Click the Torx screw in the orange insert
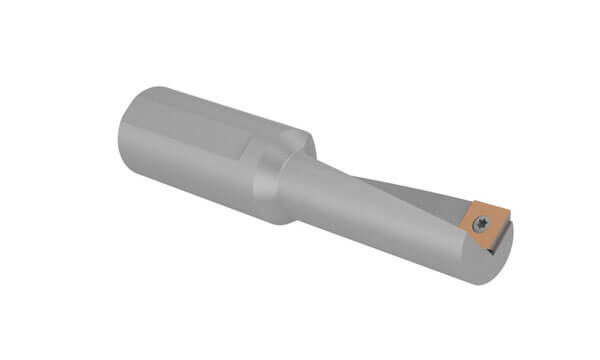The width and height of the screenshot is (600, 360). (481, 223)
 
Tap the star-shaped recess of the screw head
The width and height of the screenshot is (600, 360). (481, 223)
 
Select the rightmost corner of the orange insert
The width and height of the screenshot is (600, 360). (509, 211)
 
